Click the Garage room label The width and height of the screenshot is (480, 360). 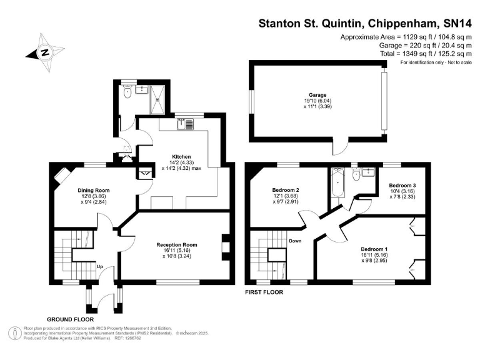coord(317,95)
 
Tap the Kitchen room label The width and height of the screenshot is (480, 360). coord(181,157)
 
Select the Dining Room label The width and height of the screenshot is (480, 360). coord(93,191)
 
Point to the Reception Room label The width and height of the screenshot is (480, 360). coord(177,245)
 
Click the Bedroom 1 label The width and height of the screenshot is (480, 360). coord(374,249)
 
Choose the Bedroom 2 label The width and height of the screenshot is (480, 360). coord(286,190)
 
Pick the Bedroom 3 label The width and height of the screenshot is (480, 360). coord(402,186)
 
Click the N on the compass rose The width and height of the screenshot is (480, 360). coord(45,52)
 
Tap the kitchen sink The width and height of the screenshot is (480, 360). coord(185,124)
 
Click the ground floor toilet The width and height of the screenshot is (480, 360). coord(127,91)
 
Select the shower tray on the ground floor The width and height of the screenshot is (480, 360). coord(157,100)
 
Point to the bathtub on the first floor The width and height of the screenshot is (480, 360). coord(337,182)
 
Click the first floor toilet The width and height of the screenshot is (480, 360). coord(356,175)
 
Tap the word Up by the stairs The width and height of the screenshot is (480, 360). coord(100,267)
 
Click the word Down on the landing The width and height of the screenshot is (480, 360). coord(295,241)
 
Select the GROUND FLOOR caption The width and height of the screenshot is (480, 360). coord(71,319)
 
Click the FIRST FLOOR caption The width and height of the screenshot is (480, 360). coord(264,292)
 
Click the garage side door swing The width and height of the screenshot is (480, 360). coord(341,147)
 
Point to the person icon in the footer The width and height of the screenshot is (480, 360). coord(14,333)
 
